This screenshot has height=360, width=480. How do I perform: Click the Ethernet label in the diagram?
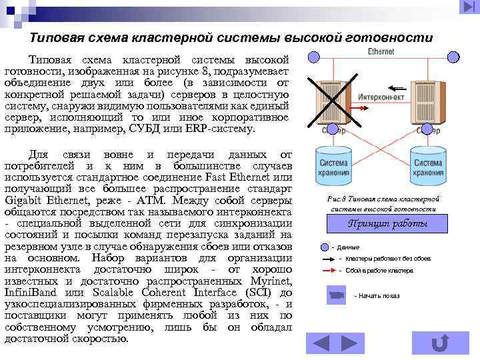pos(380,51)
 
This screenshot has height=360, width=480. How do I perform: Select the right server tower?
pos(426,100)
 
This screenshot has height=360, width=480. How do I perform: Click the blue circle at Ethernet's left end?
pos(315,57)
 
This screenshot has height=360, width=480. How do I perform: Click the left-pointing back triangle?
pos(321,343)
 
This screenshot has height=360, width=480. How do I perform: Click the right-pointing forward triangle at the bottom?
pos(349,343)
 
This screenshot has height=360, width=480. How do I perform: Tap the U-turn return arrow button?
pos(439,343)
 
